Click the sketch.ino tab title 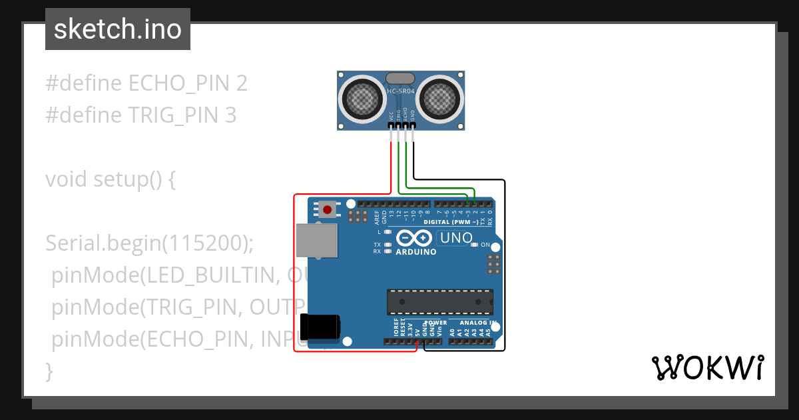pos(118,29)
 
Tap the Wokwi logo pos(707,367)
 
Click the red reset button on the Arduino pos(327,210)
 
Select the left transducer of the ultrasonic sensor pos(362,100)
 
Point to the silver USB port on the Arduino pos(317,240)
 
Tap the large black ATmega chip pos(440,302)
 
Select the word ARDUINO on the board pos(416,252)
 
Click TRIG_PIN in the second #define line pos(173,115)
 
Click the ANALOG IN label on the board pos(478,323)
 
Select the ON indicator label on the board pos(485,245)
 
